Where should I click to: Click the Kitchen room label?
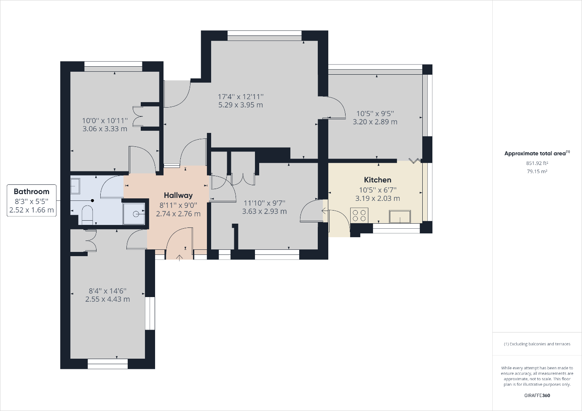click(x=378, y=180)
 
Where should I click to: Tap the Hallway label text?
click(x=178, y=195)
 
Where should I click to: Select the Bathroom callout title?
click(x=32, y=192)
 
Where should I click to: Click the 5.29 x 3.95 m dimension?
click(x=241, y=105)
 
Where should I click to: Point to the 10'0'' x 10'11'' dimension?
click(x=105, y=121)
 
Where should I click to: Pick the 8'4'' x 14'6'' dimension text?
click(x=107, y=291)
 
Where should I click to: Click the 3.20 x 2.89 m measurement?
click(x=375, y=122)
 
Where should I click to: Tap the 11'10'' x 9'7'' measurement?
click(x=265, y=203)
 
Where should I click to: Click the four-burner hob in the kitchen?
click(x=359, y=215)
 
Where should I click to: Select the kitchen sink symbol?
click(x=400, y=217)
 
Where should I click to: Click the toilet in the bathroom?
click(x=87, y=215)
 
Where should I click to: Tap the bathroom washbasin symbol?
click(x=75, y=186)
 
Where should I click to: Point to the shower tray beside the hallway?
click(x=134, y=214)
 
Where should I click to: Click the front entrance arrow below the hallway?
click(x=179, y=258)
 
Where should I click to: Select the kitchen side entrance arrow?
click(x=325, y=211)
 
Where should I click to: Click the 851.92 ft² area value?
click(x=537, y=163)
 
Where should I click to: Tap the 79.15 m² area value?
click(x=537, y=171)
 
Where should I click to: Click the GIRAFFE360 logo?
click(x=537, y=396)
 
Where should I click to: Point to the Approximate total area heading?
click(x=537, y=153)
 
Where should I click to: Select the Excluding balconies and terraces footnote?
click(x=537, y=344)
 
